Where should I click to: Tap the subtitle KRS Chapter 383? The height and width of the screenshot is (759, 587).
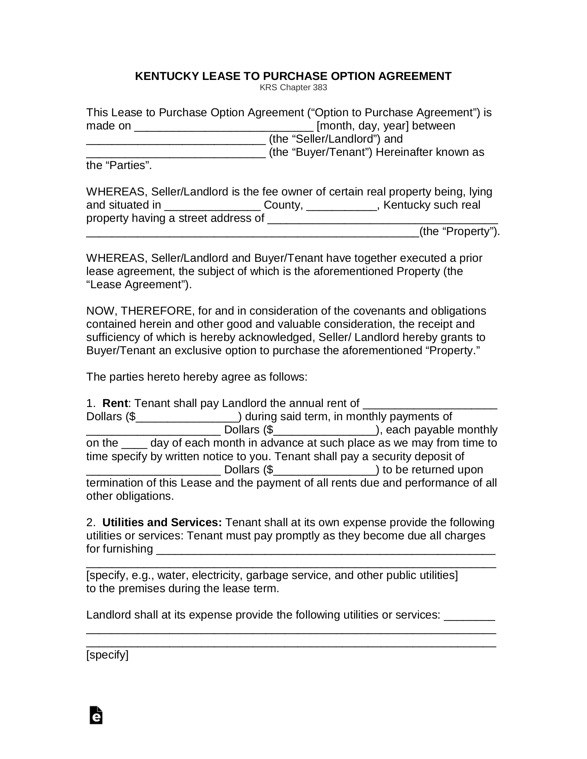point(293,88)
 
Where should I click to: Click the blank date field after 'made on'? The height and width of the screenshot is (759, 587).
point(224,126)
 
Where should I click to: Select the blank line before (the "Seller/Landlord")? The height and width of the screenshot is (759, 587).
point(176,140)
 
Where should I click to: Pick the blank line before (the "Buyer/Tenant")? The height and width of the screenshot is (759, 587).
point(176,153)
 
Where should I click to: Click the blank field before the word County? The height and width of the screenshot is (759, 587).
point(212,206)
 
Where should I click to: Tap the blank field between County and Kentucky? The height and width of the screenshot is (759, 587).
point(341,206)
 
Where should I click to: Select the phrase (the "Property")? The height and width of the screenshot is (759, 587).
point(459,232)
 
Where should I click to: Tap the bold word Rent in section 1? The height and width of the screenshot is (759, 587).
point(115,403)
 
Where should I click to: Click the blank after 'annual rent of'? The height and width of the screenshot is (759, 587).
point(430,404)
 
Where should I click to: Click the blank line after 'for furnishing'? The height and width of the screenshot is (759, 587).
point(326,550)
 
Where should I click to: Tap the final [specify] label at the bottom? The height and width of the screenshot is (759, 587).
point(107,654)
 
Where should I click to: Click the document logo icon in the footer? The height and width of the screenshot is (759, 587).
point(96,715)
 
